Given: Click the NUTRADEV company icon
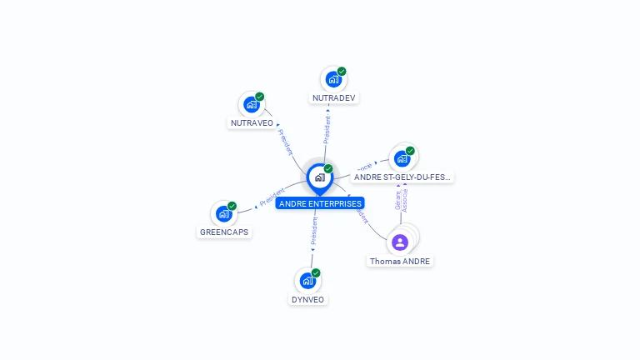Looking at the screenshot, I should tap(332, 80).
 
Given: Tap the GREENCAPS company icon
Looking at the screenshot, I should tap(222, 213).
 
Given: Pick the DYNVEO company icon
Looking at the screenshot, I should tap(307, 281).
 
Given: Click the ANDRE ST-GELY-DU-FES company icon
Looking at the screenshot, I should tap(402, 158).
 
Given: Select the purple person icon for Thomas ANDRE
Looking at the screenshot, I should tap(400, 242).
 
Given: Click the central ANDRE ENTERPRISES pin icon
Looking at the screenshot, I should tap(319, 177).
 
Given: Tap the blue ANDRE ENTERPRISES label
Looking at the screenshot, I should tap(320, 203).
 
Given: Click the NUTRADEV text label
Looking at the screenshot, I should tap(333, 98).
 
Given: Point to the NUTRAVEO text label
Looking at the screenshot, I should tap(252, 123).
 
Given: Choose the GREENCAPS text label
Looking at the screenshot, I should tap(224, 232).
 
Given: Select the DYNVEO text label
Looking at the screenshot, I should tap(308, 299).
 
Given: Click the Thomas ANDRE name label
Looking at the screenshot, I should tap(401, 261).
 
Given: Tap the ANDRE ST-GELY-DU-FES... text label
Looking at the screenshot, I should tap(402, 177).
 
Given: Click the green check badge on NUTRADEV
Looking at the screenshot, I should tap(342, 72).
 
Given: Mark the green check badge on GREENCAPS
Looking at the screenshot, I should tap(232, 206).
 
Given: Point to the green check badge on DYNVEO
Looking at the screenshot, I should tap(316, 273).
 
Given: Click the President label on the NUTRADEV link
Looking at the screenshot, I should tap(327, 129).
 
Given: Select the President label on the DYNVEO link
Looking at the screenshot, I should tap(313, 232).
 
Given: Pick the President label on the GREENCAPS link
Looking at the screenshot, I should tap(272, 197).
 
